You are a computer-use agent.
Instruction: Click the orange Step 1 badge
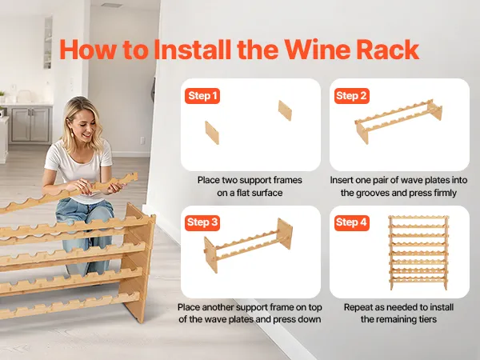[x=202, y=96]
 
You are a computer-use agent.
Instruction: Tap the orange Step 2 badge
[x=351, y=96]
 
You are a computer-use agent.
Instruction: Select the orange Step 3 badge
[x=202, y=222]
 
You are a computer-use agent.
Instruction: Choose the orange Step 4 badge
[x=351, y=222]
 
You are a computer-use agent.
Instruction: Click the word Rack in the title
[x=388, y=50]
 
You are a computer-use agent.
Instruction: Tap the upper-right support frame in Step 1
[x=285, y=110]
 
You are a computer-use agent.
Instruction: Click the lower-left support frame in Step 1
[x=212, y=133]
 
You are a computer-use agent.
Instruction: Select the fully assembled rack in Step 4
[x=418, y=253]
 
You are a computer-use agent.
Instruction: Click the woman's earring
[x=73, y=133]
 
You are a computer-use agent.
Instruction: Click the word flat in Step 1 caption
[x=244, y=193]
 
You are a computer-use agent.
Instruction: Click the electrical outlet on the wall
[x=142, y=140]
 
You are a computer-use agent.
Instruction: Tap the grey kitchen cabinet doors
[x=30, y=124]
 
